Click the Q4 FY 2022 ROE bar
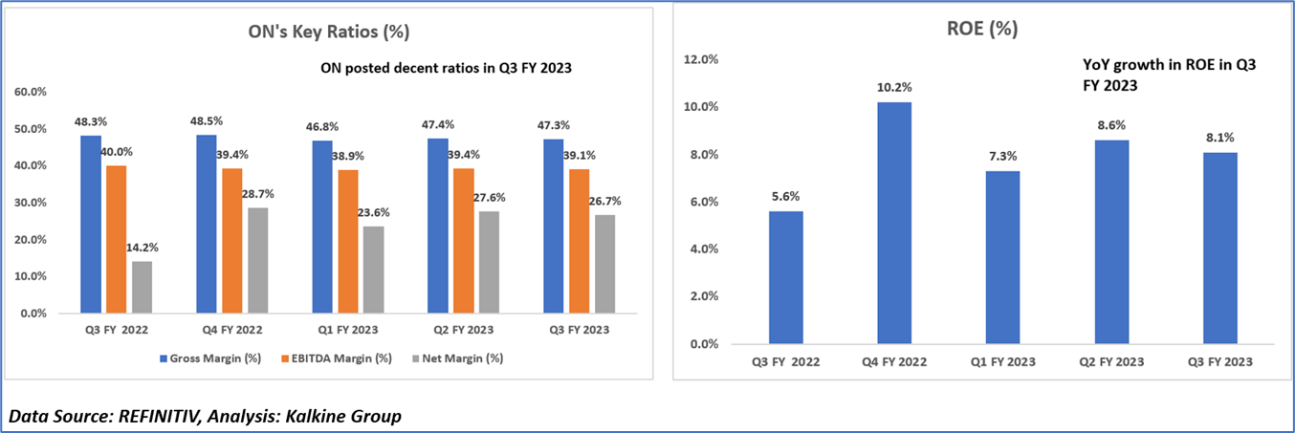point(894,222)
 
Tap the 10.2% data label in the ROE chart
point(894,87)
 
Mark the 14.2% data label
point(141,248)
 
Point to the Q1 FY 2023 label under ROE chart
point(1003,362)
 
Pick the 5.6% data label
point(785,197)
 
